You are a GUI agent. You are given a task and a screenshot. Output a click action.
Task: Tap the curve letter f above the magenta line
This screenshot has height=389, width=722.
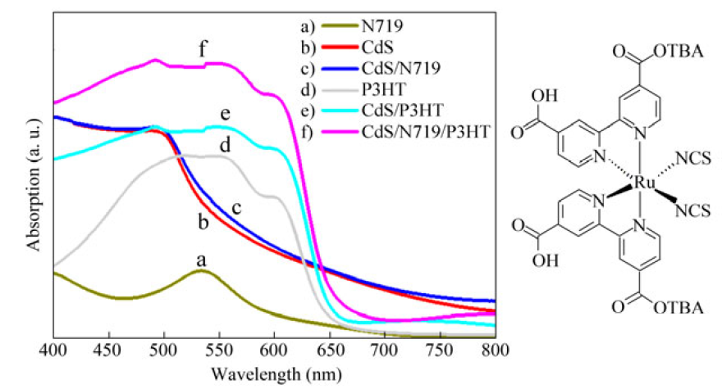point(201,47)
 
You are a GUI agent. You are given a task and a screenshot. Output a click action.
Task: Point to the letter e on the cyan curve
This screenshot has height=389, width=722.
point(222,112)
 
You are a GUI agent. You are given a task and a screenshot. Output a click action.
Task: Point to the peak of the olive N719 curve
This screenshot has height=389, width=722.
point(200,269)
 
